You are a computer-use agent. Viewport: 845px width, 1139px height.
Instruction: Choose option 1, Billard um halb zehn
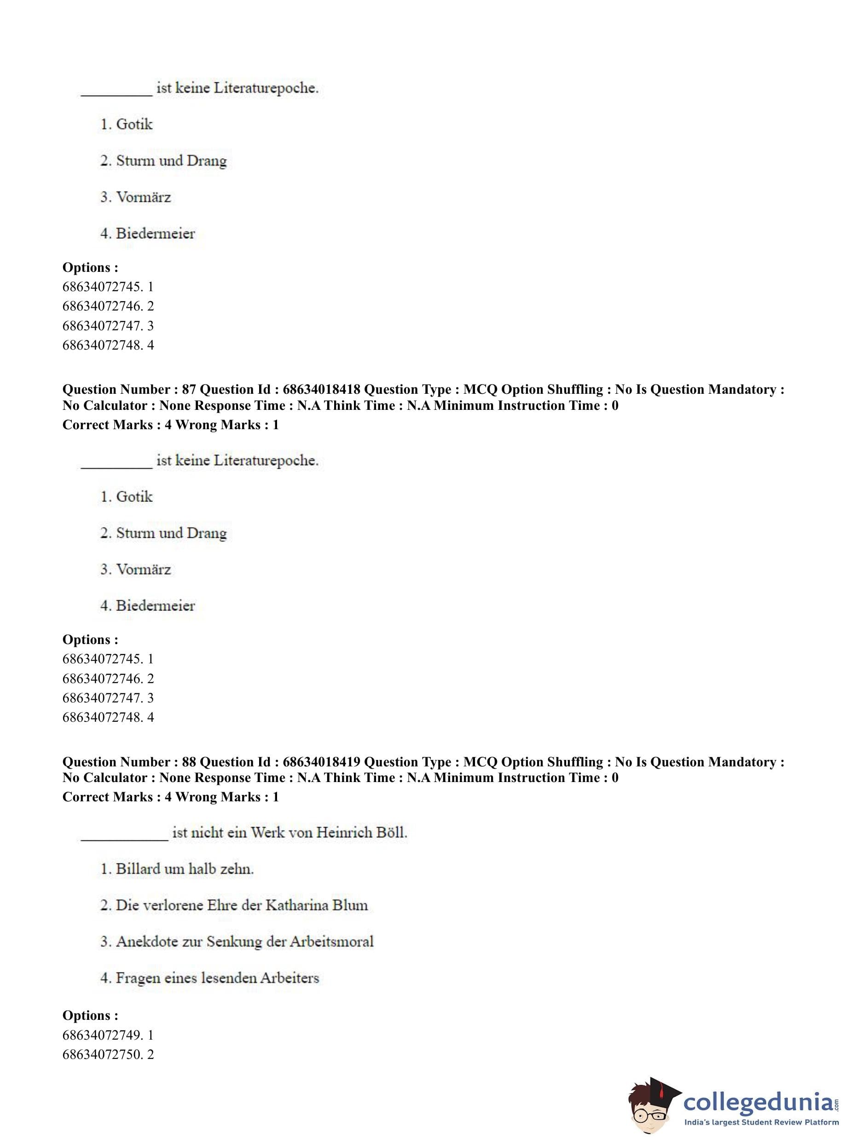pyautogui.click(x=177, y=869)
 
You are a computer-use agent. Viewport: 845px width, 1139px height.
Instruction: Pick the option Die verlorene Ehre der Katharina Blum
pyautogui.click(x=234, y=905)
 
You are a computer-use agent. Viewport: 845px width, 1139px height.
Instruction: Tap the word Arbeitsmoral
pyautogui.click(x=331, y=942)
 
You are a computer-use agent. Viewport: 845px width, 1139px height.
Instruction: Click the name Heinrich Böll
pyautogui.click(x=362, y=833)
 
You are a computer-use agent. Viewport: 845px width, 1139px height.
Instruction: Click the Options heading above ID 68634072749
pyautogui.click(x=90, y=1015)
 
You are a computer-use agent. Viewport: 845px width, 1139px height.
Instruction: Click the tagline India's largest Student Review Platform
pyautogui.click(x=761, y=1122)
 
